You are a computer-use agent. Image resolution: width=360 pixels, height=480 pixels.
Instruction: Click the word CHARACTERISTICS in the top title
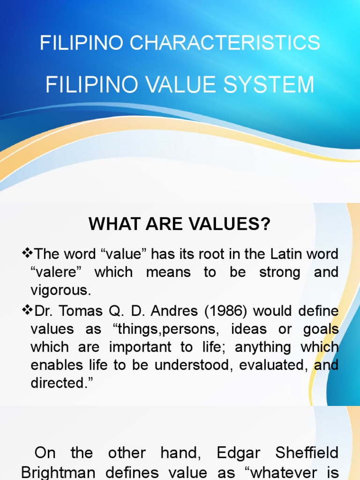click(x=225, y=43)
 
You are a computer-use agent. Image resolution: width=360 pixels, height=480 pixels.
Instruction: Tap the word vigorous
click(x=60, y=290)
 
